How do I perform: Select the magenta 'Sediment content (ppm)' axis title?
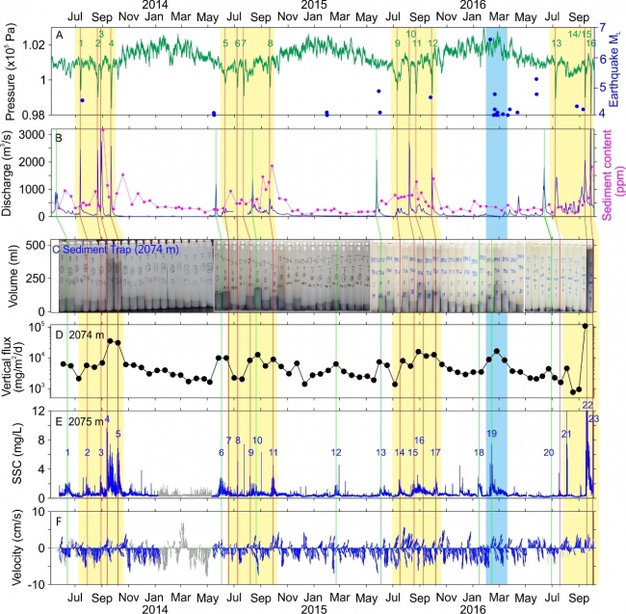[613, 174]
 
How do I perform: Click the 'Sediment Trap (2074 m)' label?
[106, 250]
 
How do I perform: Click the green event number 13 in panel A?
[556, 43]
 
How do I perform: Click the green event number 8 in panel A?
[270, 43]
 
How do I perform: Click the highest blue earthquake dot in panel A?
[490, 40]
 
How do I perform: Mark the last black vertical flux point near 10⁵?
[586, 326]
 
